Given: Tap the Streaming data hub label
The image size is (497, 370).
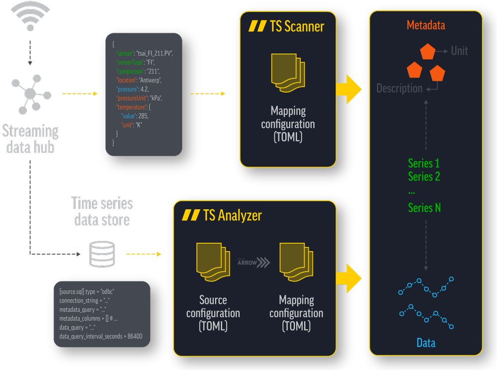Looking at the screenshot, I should click(x=30, y=139).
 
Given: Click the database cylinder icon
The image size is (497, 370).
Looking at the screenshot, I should click(x=102, y=254).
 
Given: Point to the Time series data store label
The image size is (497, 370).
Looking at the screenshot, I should click(x=102, y=211).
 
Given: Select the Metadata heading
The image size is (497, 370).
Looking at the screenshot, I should click(x=425, y=25).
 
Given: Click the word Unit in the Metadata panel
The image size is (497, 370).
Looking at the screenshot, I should click(x=459, y=51).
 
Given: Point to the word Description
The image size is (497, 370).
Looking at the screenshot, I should click(x=399, y=89).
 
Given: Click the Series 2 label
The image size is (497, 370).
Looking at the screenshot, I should click(x=423, y=176).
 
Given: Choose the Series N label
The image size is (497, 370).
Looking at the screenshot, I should click(x=424, y=208).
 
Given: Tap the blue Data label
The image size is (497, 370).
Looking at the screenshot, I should click(x=425, y=343).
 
